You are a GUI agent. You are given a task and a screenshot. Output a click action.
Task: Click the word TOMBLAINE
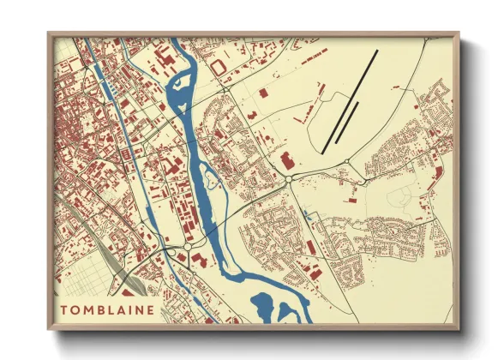[x=107, y=309]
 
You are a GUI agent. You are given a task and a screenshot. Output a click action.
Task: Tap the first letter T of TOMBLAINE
[x=63, y=309]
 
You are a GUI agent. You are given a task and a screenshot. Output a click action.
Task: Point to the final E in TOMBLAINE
[x=152, y=309]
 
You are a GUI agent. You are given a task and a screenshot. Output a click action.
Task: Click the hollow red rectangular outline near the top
[x=218, y=65]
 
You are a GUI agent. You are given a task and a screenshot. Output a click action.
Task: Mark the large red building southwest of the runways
[x=286, y=159]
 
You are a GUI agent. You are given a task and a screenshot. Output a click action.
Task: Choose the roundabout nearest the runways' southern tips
[x=346, y=162]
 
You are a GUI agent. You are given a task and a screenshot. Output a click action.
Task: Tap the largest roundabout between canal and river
[x=188, y=247]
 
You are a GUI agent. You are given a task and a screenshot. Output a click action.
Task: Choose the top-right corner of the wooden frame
[x=458, y=34]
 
